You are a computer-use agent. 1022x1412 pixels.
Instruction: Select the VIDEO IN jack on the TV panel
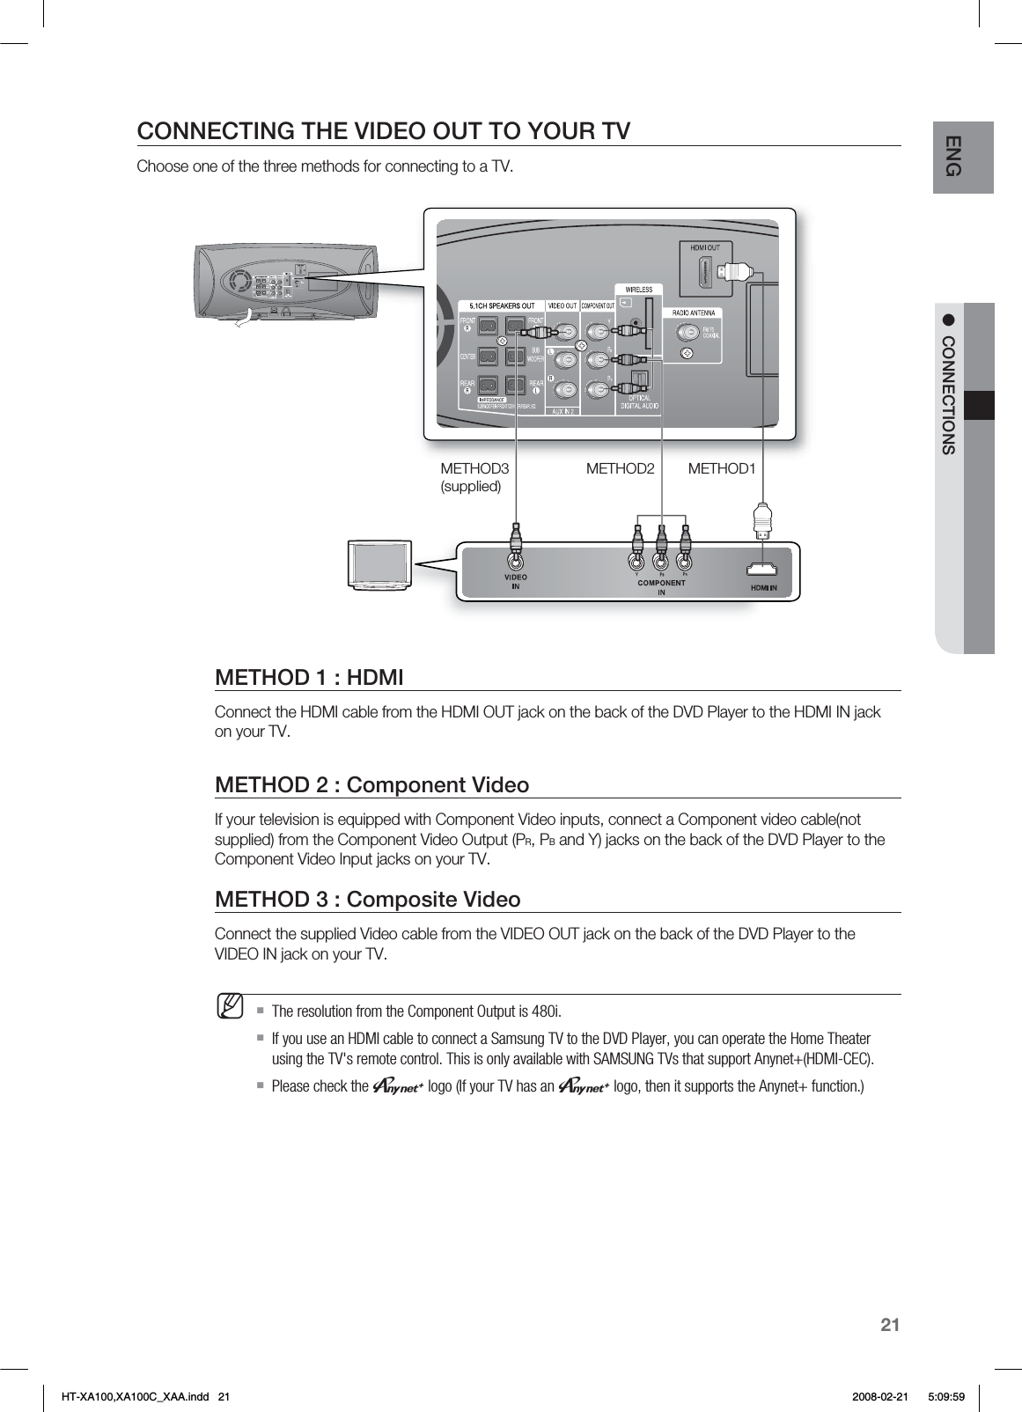tap(515, 561)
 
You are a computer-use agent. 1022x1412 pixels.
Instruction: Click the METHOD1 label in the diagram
tap(721, 468)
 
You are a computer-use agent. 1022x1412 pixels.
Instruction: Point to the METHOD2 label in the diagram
tap(620, 468)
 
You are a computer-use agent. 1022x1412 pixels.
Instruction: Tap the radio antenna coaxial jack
tap(687, 334)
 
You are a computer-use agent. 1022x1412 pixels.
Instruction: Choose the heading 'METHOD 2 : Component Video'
tap(371, 784)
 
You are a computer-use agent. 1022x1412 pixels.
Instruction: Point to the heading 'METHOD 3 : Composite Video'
tap(367, 899)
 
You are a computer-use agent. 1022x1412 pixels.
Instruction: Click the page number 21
tap(891, 1325)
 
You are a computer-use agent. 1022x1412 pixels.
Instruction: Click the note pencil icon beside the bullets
tap(232, 1006)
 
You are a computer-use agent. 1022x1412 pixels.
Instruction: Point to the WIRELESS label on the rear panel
tap(638, 290)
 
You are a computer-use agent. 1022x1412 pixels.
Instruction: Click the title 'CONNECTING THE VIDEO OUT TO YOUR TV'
tap(384, 131)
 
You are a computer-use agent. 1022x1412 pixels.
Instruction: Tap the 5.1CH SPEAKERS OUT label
tap(501, 306)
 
